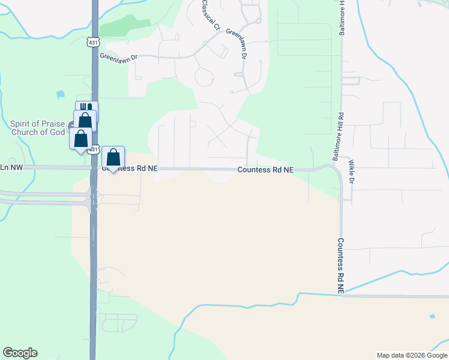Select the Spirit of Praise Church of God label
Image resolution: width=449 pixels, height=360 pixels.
pos(37,128)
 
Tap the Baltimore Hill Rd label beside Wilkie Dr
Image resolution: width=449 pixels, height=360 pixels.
pos(338,137)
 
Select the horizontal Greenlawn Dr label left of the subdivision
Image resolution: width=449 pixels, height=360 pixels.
pos(119,58)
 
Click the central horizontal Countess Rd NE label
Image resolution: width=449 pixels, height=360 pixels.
pos(265,170)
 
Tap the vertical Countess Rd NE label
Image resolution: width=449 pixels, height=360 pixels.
pos(340,266)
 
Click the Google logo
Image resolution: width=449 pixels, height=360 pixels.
pos(20,353)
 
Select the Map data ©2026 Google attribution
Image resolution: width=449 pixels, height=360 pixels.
pos(412,355)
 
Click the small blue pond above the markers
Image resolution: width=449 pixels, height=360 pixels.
pos(60,94)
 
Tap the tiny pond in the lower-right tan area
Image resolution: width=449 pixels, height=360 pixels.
pos(432,316)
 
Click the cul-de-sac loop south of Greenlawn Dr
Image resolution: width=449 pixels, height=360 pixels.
pos(205,77)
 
